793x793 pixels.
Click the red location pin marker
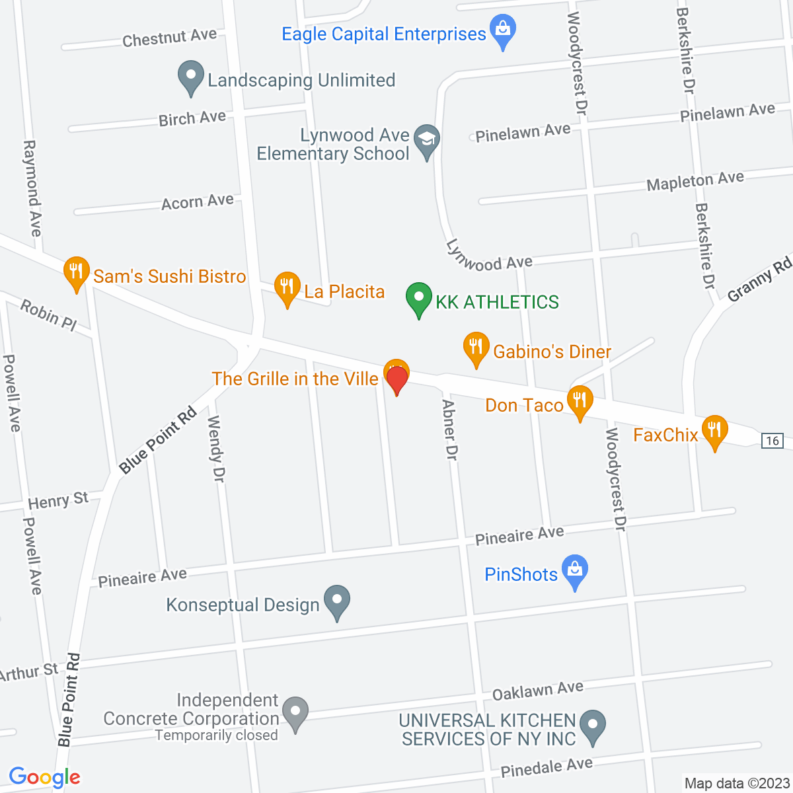tap(397, 380)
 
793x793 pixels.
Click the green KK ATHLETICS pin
tap(418, 299)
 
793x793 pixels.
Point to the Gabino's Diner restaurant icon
tap(476, 348)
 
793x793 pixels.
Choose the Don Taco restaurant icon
tap(580, 401)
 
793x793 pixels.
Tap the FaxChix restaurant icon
tap(714, 431)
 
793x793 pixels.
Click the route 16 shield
tap(773, 440)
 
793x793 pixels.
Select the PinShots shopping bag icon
tap(575, 571)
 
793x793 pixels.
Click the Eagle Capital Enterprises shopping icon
tap(504, 31)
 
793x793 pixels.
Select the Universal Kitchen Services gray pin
tap(593, 726)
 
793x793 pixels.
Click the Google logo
tap(44, 778)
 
